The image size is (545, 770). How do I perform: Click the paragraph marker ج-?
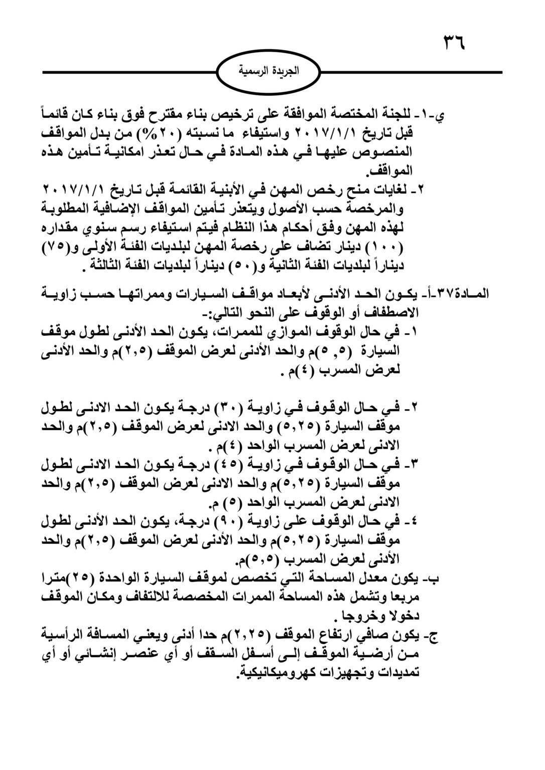coord(433,636)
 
